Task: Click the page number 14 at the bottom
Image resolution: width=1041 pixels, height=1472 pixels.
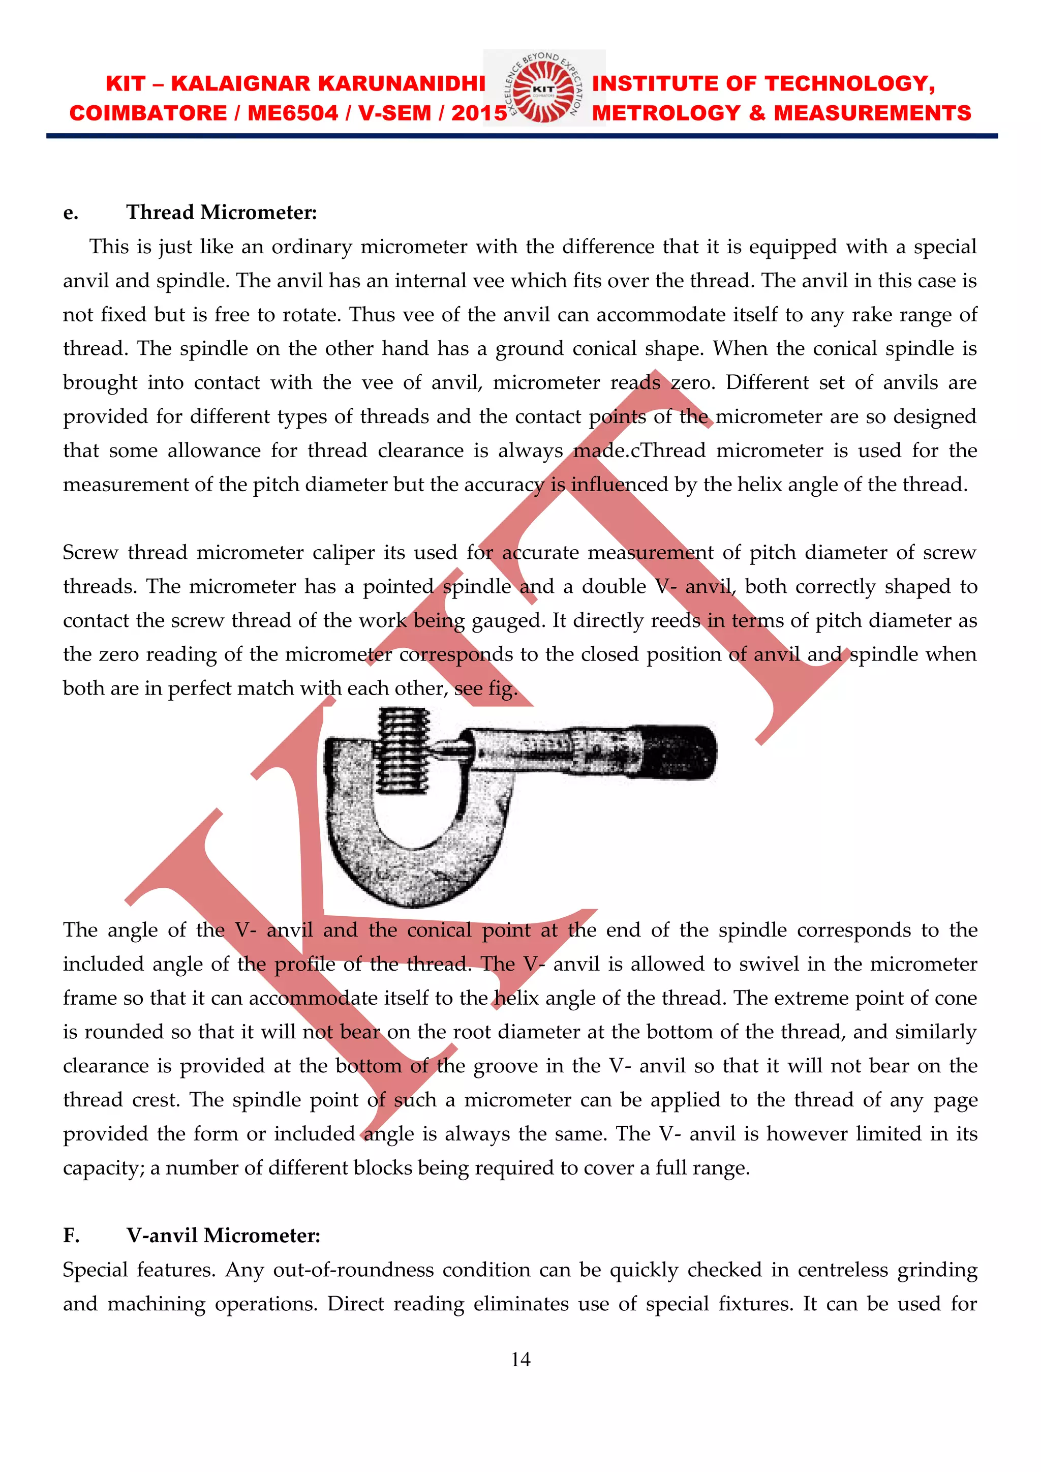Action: (x=520, y=1359)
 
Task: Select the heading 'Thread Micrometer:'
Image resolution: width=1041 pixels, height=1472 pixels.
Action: (x=221, y=212)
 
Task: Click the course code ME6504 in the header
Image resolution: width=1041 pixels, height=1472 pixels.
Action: (x=292, y=113)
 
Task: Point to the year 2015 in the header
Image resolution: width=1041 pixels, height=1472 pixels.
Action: (x=479, y=113)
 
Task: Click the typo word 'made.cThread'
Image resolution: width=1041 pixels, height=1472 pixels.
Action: (x=639, y=450)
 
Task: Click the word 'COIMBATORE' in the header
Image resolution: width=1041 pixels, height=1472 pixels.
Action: (x=147, y=113)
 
